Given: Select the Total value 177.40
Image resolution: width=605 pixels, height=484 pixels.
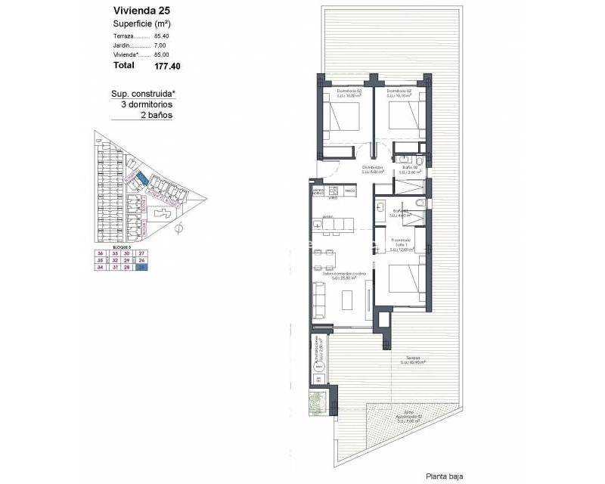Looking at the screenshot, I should (x=167, y=66).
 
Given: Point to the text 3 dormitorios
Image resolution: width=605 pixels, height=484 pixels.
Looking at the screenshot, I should (x=147, y=105).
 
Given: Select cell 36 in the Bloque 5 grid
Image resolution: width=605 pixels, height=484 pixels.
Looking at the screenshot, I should (x=100, y=253).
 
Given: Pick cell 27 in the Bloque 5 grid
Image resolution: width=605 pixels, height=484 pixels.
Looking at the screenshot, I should (x=141, y=253).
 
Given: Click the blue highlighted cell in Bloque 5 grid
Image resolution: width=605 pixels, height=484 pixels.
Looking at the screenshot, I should (x=141, y=267).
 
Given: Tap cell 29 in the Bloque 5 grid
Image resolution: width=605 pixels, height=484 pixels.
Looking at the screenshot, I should (x=127, y=260).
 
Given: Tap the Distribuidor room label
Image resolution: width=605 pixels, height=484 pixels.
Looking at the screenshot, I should (x=372, y=170).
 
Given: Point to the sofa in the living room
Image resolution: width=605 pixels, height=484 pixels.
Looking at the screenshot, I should (x=319, y=298).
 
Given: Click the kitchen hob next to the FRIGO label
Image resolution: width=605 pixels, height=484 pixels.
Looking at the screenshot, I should (x=334, y=191).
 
